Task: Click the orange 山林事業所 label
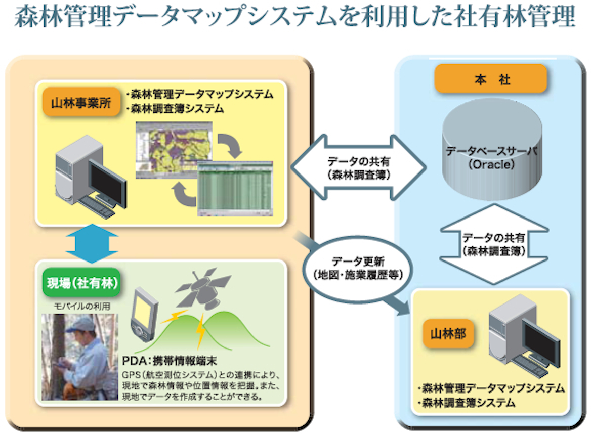pyautogui.click(x=78, y=103)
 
